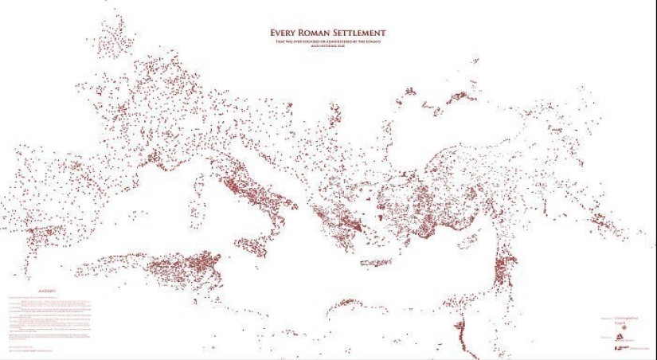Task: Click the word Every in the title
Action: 284,33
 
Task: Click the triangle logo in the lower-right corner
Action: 617,336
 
